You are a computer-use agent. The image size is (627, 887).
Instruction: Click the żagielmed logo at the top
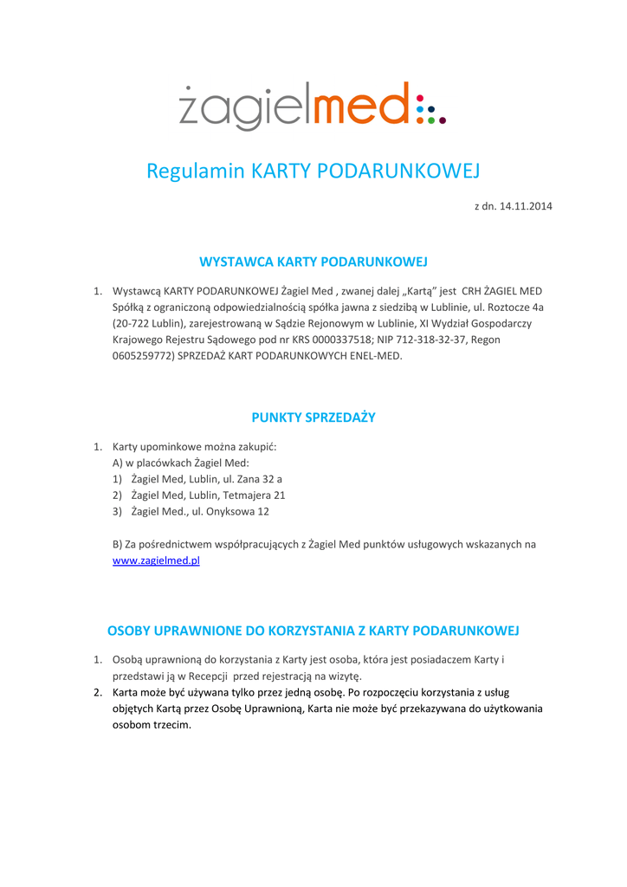[313, 106]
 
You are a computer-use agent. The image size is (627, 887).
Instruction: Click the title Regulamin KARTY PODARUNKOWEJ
[313, 170]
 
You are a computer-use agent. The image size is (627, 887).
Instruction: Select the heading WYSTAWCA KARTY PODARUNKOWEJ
[313, 261]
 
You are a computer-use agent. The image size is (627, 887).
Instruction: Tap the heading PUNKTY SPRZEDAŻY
[313, 417]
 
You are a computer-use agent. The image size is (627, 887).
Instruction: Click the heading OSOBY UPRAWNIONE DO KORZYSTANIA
[313, 629]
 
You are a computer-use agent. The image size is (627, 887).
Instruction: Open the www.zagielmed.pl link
[157, 560]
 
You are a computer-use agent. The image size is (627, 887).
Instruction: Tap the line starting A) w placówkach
[169, 463]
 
